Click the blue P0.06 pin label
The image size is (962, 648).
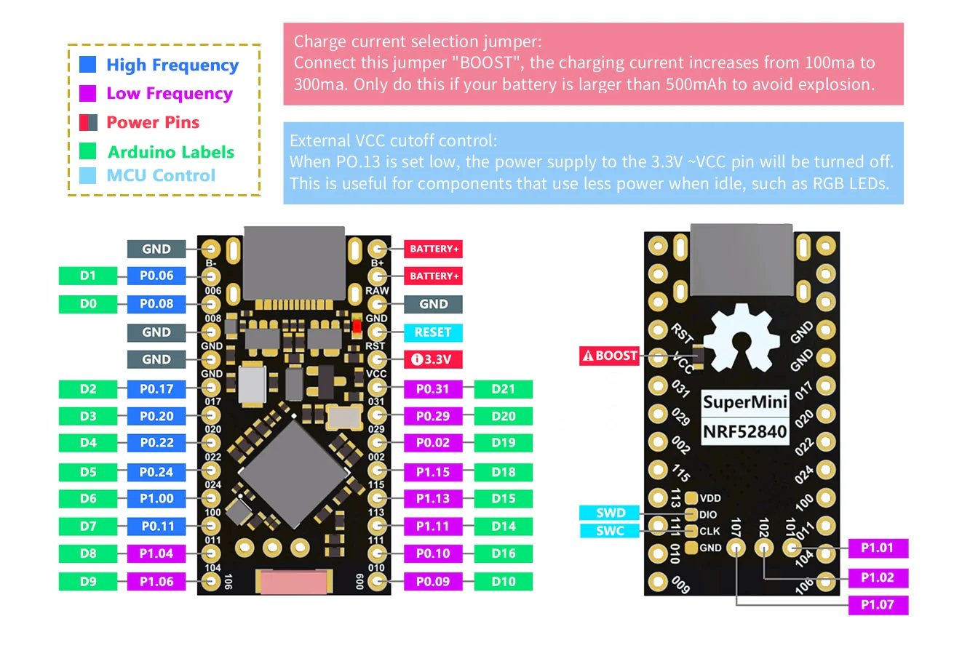(156, 276)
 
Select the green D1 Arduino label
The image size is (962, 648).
(88, 276)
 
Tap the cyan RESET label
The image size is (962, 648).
(433, 332)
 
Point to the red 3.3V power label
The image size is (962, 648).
(433, 359)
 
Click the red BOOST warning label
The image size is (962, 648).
(609, 356)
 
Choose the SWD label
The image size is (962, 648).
(610, 513)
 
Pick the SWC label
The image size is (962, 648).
(610, 531)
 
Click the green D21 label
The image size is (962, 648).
(503, 389)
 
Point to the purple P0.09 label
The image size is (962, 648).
(433, 582)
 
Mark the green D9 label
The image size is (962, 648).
(88, 582)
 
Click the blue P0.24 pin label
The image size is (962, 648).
(156, 472)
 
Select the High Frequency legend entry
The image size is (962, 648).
(172, 65)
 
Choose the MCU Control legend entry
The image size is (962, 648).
(160, 175)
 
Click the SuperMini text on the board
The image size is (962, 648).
(744, 402)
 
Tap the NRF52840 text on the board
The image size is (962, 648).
(744, 432)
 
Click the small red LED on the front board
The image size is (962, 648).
(357, 326)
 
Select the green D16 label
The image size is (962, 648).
(503, 553)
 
